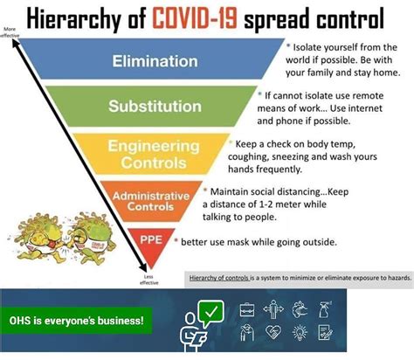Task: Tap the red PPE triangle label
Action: point(147,239)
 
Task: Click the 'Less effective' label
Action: point(148,277)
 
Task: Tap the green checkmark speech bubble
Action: point(211,311)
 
